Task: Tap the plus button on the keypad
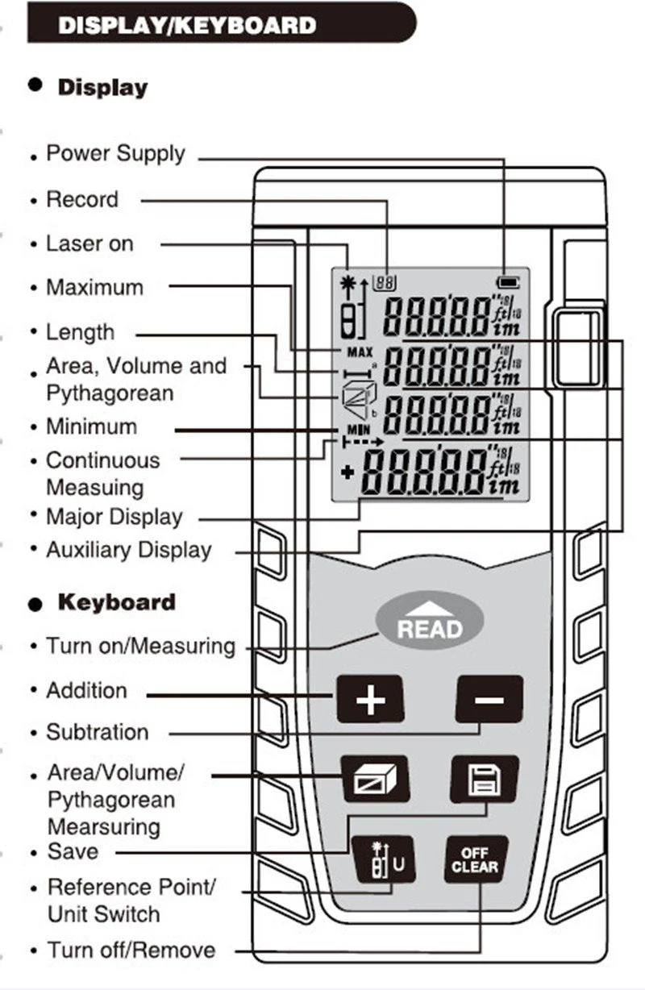pyautogui.click(x=369, y=699)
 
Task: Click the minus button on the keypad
pyautogui.click(x=489, y=699)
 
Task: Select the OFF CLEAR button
pyautogui.click(x=475, y=861)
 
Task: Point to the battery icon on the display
pyautogui.click(x=510, y=283)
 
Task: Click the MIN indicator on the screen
pyautogui.click(x=357, y=430)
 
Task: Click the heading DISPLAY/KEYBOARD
pyautogui.click(x=187, y=25)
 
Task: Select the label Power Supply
pyautogui.click(x=115, y=153)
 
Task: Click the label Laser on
pyautogui.click(x=89, y=243)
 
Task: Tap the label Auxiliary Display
pyautogui.click(x=129, y=550)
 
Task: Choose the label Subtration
pyautogui.click(x=98, y=732)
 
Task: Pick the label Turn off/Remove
pyautogui.click(x=131, y=950)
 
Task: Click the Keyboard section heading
pyautogui.click(x=116, y=602)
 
